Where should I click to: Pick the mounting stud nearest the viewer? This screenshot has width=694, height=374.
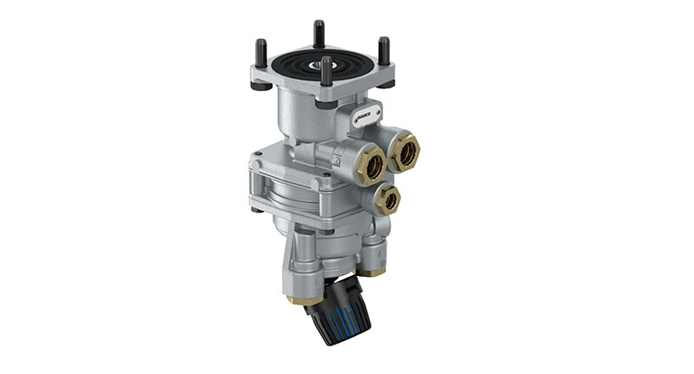pos(326,73)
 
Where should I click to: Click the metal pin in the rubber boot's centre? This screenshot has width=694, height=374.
pos(321,62)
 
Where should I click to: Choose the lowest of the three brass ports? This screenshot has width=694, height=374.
pos(388,200)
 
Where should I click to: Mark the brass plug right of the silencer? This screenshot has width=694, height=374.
pos(373,272)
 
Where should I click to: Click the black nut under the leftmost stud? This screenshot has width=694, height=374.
pos(259,85)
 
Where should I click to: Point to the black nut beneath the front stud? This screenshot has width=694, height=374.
pos(327,103)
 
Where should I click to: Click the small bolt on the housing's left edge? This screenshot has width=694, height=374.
pos(254,209)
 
